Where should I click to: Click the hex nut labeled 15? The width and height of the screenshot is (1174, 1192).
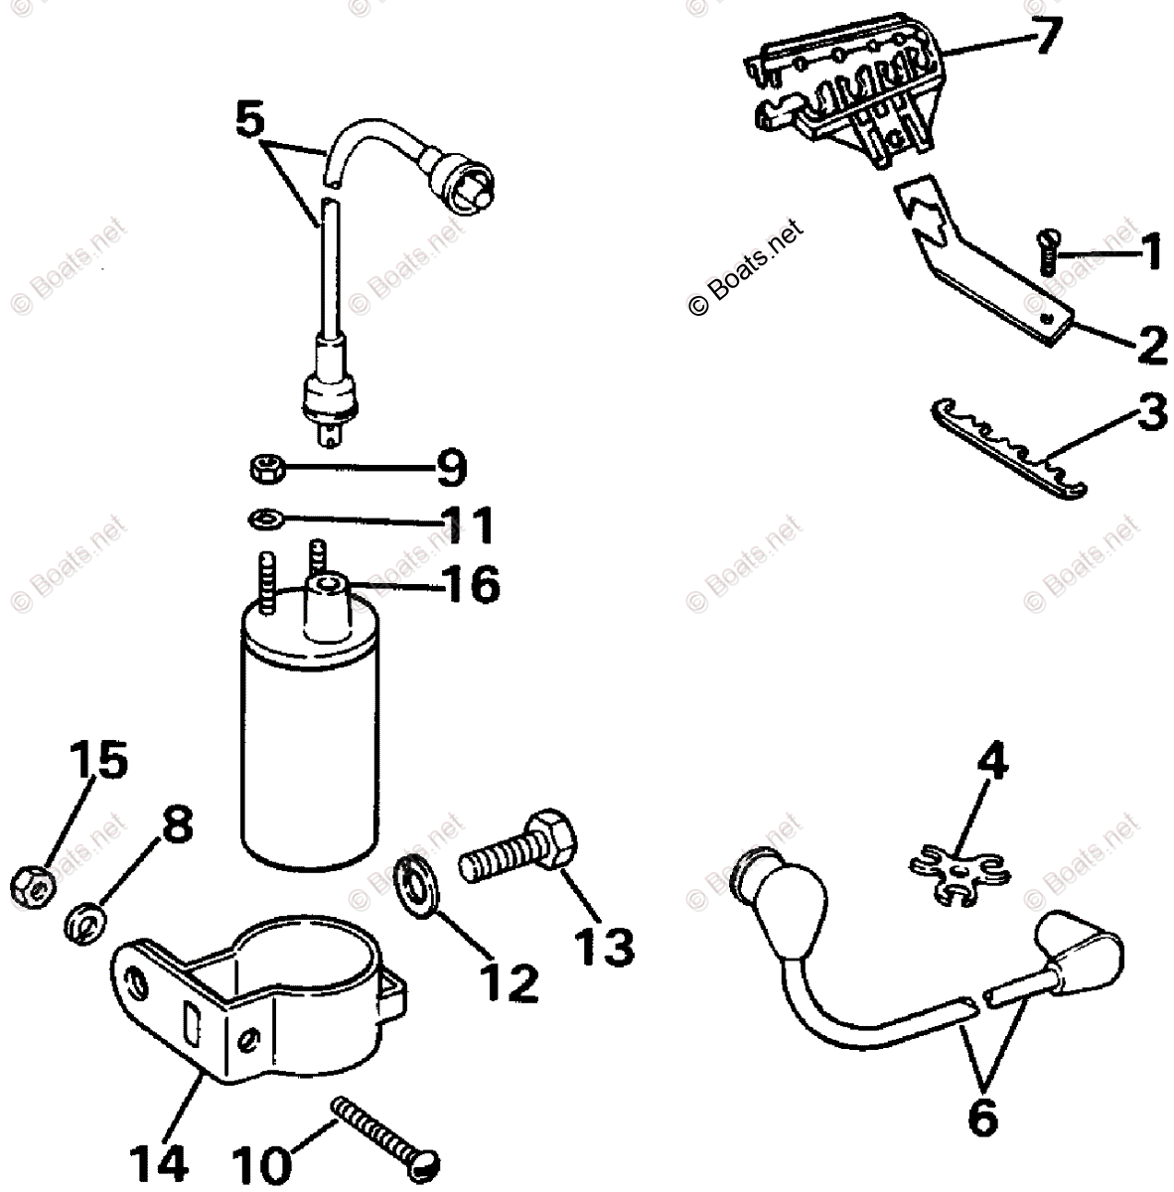coord(33,883)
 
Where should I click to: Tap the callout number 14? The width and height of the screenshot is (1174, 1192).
coord(157,1158)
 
